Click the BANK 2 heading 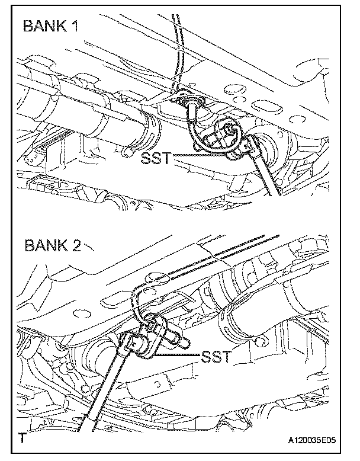point(52,245)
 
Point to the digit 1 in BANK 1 point(76,27)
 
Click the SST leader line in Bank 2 point(178,356)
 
